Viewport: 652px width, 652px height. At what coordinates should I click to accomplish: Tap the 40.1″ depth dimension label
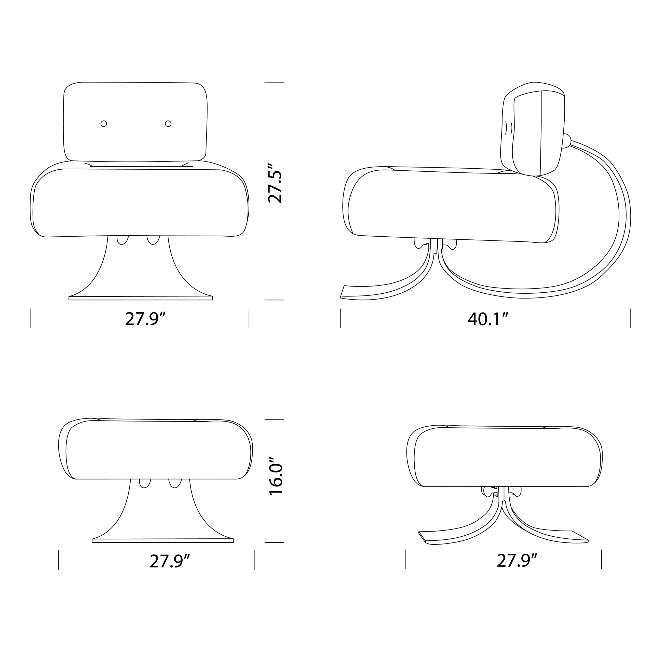click(x=488, y=319)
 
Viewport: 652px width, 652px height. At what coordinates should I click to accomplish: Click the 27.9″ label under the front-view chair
click(x=145, y=319)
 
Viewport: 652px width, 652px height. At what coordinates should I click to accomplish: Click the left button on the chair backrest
click(x=104, y=124)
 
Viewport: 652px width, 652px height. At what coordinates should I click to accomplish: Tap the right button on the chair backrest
click(x=168, y=124)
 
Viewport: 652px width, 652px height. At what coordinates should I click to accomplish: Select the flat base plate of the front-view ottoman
click(x=163, y=541)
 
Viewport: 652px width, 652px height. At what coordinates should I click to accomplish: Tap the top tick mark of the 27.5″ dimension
click(x=274, y=82)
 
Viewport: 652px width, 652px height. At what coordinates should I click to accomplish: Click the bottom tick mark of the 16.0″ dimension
click(x=274, y=542)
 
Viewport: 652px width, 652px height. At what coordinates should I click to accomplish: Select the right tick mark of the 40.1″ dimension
click(x=630, y=318)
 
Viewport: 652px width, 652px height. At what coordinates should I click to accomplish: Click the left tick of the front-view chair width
click(x=30, y=318)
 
